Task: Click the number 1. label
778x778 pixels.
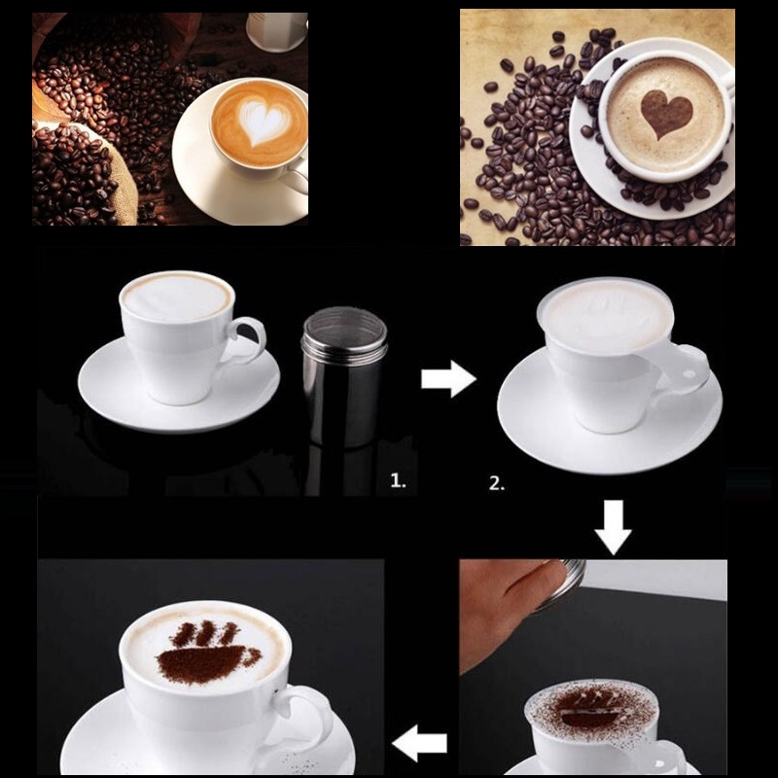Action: (x=398, y=479)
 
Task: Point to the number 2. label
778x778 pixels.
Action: (x=497, y=483)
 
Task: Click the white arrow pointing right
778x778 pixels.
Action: (x=447, y=378)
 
